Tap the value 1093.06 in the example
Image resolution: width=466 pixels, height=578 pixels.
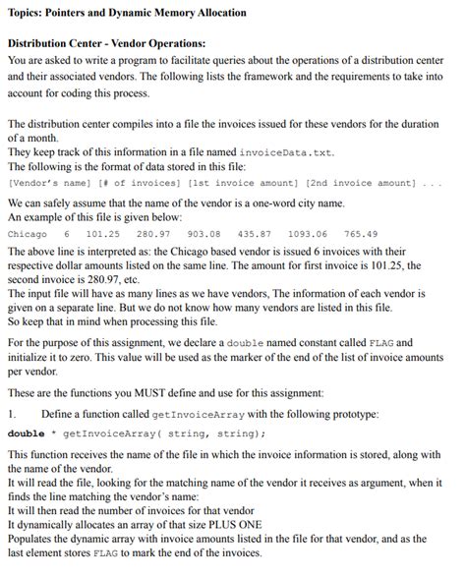point(308,234)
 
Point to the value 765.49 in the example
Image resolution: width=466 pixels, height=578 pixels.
point(360,234)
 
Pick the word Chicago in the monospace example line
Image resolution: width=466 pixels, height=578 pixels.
point(27,234)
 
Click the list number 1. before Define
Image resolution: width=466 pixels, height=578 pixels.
point(12,412)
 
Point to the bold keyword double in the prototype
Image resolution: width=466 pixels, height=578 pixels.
point(26,433)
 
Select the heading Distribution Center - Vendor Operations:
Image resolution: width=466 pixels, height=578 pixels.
point(106,44)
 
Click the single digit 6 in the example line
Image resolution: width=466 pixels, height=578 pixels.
point(67,234)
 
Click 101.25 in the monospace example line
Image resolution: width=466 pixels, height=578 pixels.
point(102,234)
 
